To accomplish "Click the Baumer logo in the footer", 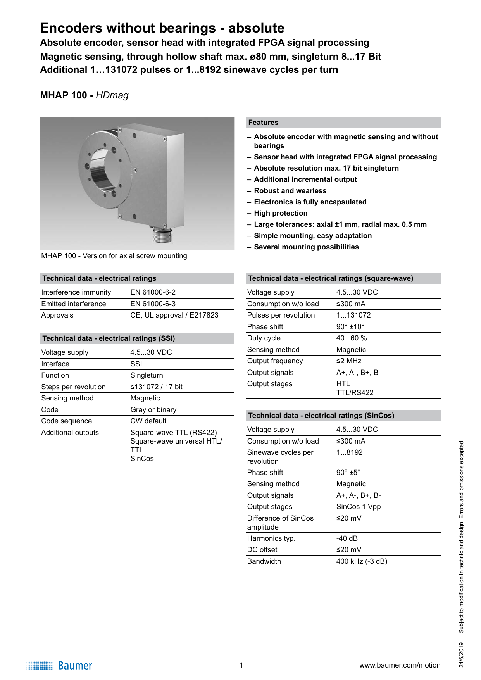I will pos(60,665).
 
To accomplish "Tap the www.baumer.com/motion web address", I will pos(400,665).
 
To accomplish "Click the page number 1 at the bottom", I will pos(241,665).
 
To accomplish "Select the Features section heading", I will pos(264,123).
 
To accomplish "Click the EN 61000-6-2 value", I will pos(153,292).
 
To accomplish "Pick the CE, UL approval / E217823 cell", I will pos(174,315).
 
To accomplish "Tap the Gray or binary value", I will pos(153,410).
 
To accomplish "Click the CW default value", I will pos(148,421).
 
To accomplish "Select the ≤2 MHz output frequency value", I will pos(348,361).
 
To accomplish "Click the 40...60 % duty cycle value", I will pos(351,338).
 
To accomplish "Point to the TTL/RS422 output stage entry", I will pos(355,393).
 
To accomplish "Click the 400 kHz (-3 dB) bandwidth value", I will pos(361,561).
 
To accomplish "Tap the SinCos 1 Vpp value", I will pos(358,507).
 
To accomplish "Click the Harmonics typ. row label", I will pos(271,538).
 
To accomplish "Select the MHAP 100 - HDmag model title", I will pos(84,95).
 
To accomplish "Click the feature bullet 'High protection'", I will pos(281,213).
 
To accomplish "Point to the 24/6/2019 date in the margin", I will pos(461,655).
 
